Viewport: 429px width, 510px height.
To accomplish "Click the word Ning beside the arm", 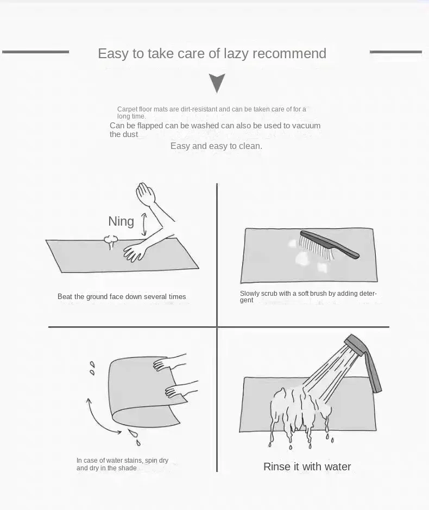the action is click(x=121, y=221).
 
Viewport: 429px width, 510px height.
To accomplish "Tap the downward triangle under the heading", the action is click(x=217, y=83).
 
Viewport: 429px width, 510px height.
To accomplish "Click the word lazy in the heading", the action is click(x=235, y=54).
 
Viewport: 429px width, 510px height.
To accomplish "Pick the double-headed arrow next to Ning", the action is click(x=144, y=224).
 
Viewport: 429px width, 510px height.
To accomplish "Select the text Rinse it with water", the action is click(x=307, y=467).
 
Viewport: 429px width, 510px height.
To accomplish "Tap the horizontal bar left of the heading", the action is click(x=35, y=52).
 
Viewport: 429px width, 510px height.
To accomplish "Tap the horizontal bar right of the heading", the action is click(x=395, y=52).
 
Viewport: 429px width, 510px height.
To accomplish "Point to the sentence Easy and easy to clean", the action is click(x=216, y=146).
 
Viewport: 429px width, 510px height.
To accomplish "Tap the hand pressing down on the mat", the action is click(x=134, y=252).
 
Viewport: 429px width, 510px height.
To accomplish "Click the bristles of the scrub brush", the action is click(x=316, y=248).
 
